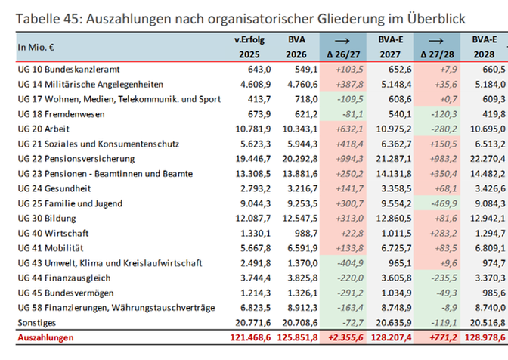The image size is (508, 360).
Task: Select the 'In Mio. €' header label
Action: click(x=36, y=48)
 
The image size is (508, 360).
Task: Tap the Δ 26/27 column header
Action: click(x=343, y=54)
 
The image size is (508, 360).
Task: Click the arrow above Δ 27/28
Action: click(x=436, y=41)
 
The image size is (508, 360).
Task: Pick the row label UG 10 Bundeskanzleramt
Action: click(x=69, y=70)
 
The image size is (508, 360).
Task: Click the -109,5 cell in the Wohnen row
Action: click(x=350, y=99)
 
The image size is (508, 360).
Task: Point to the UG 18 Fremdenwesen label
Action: click(x=61, y=114)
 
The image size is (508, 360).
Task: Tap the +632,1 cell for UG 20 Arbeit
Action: click(x=349, y=129)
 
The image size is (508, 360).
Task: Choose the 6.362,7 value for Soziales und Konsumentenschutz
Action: click(x=396, y=144)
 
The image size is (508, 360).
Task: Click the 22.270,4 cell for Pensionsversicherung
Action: click(x=488, y=159)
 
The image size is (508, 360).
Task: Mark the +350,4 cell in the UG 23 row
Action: click(x=443, y=174)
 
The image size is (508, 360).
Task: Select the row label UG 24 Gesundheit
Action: click(x=54, y=188)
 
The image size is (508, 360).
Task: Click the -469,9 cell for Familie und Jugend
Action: click(x=444, y=203)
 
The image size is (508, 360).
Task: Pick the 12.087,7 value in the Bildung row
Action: click(x=253, y=219)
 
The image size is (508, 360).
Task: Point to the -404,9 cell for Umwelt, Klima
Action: click(x=350, y=263)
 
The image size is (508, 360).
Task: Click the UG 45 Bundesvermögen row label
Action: click(x=66, y=293)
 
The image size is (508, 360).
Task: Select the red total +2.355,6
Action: click(x=345, y=337)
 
